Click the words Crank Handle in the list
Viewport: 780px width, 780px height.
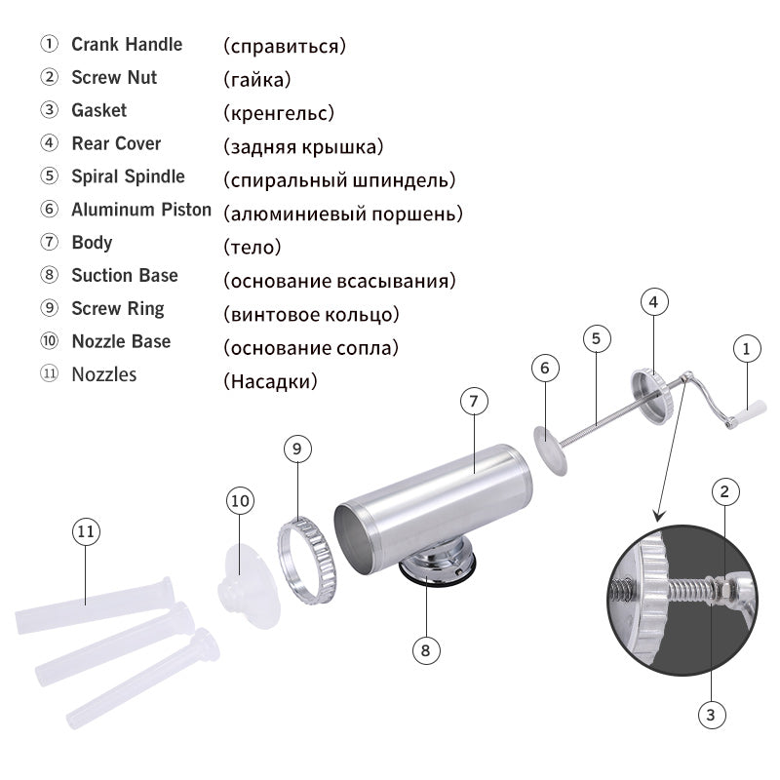pos(127,44)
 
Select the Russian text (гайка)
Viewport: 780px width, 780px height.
pos(256,79)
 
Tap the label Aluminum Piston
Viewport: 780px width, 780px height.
pos(140,210)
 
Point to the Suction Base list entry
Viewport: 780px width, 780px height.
pos(125,275)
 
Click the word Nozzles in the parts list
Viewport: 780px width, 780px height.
pos(103,374)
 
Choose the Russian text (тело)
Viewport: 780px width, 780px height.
pos(252,247)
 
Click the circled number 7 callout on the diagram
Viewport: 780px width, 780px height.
pos(473,401)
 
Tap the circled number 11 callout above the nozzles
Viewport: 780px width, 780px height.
pos(86,531)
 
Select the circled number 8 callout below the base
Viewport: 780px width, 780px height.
pos(426,649)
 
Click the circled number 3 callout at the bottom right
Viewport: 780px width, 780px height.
pos(711,715)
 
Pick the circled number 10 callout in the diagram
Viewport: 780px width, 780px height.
pos(241,500)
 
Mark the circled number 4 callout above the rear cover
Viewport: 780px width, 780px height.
pos(653,302)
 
